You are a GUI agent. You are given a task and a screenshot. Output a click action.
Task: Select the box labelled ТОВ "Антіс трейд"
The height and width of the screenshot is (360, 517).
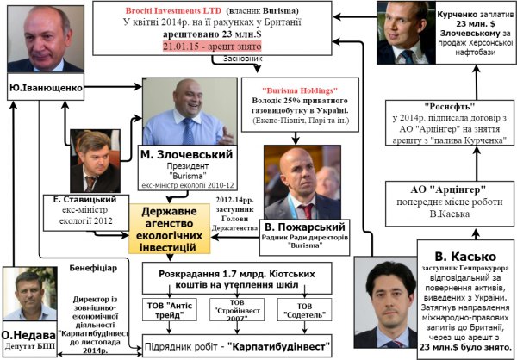(x=164, y=311)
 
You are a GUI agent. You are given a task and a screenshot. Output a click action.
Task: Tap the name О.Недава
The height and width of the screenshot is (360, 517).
(x=34, y=334)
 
